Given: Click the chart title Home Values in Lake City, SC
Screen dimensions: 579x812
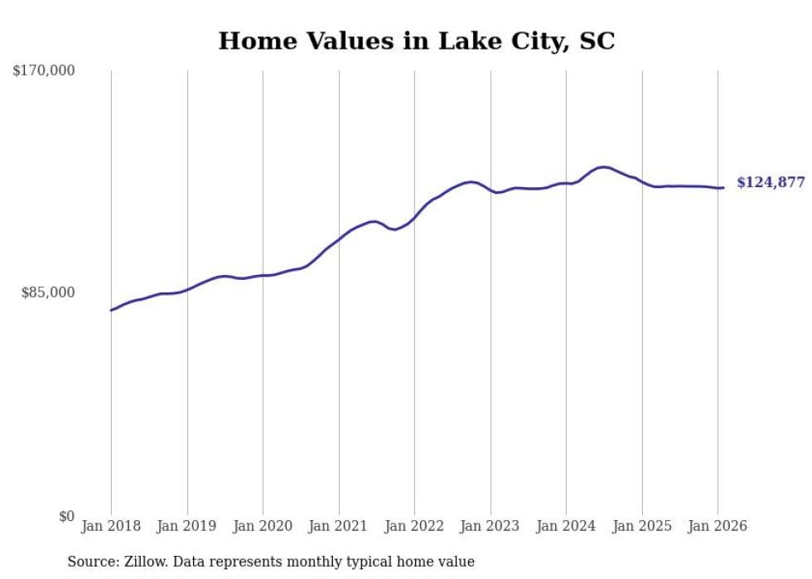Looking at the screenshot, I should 416,41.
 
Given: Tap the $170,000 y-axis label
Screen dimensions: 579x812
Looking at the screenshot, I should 44,71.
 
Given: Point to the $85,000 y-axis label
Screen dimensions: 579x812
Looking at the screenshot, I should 48,292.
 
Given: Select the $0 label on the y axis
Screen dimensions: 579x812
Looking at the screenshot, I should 66,516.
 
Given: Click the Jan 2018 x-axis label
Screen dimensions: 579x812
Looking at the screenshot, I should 111,526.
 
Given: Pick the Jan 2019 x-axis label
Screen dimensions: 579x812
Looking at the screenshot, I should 187,526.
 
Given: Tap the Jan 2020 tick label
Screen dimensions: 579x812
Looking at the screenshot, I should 263,526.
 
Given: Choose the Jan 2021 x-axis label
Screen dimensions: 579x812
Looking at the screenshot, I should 339,526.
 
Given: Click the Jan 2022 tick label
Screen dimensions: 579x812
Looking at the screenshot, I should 414,526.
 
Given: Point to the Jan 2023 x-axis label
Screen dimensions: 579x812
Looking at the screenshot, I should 491,526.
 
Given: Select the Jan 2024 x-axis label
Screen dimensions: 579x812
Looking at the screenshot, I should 566,526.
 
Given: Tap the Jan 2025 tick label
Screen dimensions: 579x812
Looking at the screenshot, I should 642,526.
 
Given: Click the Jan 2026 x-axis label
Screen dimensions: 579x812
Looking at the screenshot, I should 718,526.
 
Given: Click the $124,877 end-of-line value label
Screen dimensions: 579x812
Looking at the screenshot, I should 770,182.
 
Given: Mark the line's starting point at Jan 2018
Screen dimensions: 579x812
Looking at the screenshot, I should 111,311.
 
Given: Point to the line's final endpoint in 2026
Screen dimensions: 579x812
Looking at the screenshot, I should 723,188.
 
